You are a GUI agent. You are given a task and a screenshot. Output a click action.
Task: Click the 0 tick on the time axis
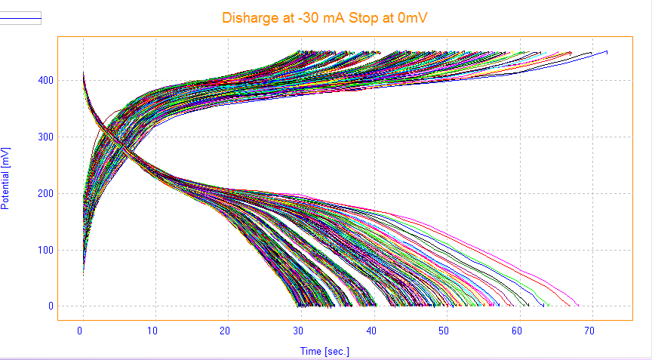point(81,331)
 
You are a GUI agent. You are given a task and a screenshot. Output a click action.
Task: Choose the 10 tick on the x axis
point(153,331)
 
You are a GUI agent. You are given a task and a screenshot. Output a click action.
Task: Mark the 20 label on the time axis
point(226,331)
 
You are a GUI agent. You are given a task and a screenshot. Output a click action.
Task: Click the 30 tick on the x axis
point(299,331)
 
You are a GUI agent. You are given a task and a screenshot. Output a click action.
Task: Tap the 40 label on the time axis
point(371,331)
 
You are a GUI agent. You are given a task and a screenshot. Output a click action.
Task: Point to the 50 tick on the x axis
point(444,331)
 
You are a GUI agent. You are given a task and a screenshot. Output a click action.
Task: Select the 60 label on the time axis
point(517,331)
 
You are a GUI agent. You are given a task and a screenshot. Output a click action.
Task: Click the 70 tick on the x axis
point(590,331)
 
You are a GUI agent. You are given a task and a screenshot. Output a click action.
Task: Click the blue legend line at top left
point(20,14)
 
